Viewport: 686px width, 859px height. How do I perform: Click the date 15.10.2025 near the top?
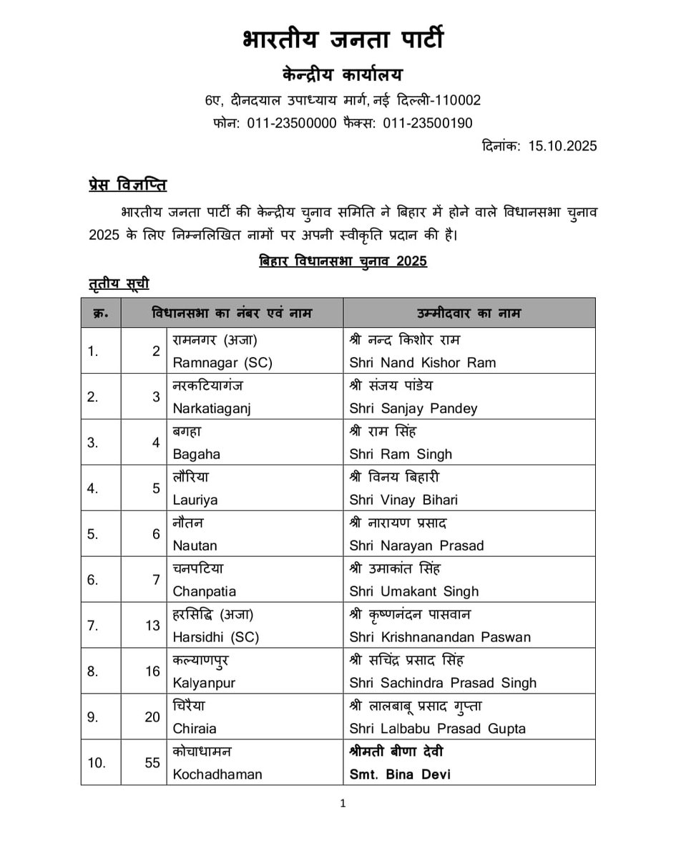(x=562, y=146)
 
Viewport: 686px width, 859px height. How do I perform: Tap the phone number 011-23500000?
(x=292, y=123)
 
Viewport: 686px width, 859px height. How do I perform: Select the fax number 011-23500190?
(x=428, y=123)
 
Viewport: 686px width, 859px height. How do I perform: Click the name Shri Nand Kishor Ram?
(x=422, y=363)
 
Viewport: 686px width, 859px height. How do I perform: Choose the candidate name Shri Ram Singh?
(x=401, y=455)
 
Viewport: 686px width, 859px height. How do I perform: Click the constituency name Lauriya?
(x=195, y=500)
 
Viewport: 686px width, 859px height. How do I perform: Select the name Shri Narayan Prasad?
(x=416, y=546)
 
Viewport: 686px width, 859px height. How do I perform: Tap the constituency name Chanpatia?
(x=205, y=592)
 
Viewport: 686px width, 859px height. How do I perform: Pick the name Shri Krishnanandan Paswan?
(x=440, y=638)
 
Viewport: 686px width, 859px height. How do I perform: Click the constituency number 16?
(x=152, y=671)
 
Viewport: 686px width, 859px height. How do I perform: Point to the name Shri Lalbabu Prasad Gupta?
(x=437, y=729)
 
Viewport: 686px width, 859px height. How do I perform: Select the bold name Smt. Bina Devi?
(x=400, y=775)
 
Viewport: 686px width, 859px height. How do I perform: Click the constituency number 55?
(x=152, y=763)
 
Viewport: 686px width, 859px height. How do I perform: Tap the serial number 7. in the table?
(x=93, y=626)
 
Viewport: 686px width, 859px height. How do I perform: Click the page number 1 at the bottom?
(x=343, y=804)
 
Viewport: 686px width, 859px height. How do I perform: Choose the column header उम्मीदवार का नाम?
(x=469, y=314)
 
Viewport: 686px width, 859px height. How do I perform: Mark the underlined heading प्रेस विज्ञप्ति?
(x=123, y=186)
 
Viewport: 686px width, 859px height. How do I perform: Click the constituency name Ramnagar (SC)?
(x=222, y=363)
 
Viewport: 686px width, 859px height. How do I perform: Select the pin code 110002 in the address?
(x=454, y=100)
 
